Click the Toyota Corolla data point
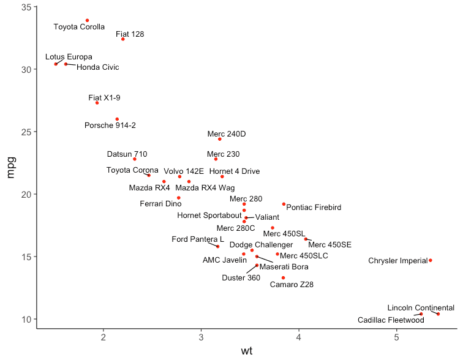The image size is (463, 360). pos(87,20)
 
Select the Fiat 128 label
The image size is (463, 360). pos(130,34)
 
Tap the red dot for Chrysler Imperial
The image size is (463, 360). pos(431,260)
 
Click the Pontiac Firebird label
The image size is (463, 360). pos(314,208)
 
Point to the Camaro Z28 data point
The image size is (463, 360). pos(284,278)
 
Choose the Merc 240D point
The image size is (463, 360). pos(220,139)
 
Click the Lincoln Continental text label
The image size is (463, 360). pos(421,308)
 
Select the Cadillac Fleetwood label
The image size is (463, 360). pos(391,320)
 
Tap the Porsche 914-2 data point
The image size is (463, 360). pos(117,119)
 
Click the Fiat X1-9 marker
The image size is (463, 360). pos(97,103)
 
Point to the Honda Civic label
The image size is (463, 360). pos(98,67)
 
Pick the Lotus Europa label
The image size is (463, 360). pos(69,57)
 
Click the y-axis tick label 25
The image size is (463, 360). pos(26,132)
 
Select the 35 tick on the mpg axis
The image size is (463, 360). pos(26,7)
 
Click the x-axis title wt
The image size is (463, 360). pos(247,351)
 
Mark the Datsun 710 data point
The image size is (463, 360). pos(135,159)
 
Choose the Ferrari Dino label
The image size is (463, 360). pos(160,204)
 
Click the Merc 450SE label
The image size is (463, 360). pos(330,245)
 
